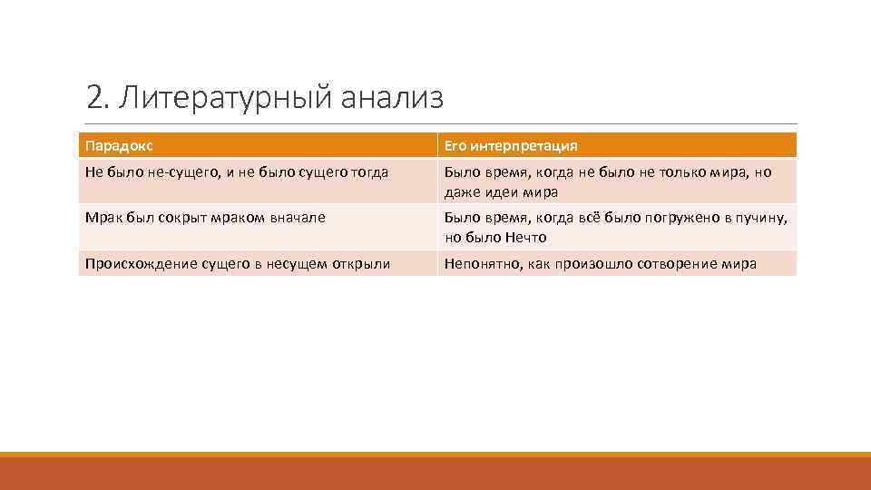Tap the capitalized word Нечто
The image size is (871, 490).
525,238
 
